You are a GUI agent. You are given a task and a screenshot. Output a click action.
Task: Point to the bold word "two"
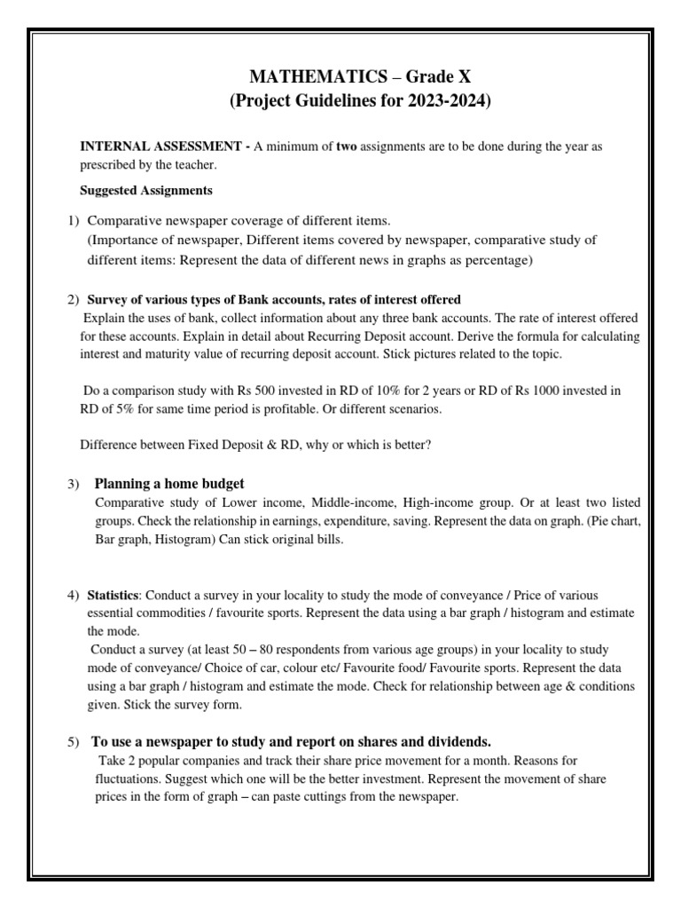346,146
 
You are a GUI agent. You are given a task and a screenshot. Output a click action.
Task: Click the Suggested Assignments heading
146,190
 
